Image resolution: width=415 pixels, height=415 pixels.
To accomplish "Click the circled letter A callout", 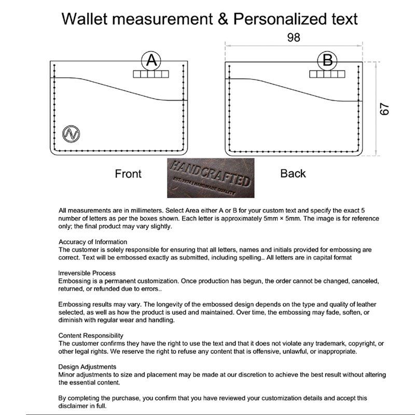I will pos(151,61).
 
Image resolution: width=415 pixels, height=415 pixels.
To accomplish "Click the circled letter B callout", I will pos(327,61).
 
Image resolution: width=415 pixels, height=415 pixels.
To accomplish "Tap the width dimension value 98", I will pos(293,37).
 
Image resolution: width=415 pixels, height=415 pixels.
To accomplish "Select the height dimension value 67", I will pos(385,109).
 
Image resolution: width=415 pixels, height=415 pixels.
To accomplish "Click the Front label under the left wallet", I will pos(128,174).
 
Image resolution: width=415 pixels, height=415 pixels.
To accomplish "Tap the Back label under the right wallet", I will pos(293,173).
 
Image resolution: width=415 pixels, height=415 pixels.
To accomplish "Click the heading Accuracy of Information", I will pos(93,242).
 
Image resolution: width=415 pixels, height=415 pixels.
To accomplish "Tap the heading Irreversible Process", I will pos(87,273).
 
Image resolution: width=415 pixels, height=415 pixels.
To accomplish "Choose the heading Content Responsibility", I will pos(91,336).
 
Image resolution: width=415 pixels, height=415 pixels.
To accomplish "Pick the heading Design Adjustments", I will pos(87,367).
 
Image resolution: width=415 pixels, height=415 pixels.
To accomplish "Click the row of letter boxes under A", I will pos(151,74).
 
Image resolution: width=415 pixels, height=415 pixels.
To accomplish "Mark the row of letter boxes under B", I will pos(327,74).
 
